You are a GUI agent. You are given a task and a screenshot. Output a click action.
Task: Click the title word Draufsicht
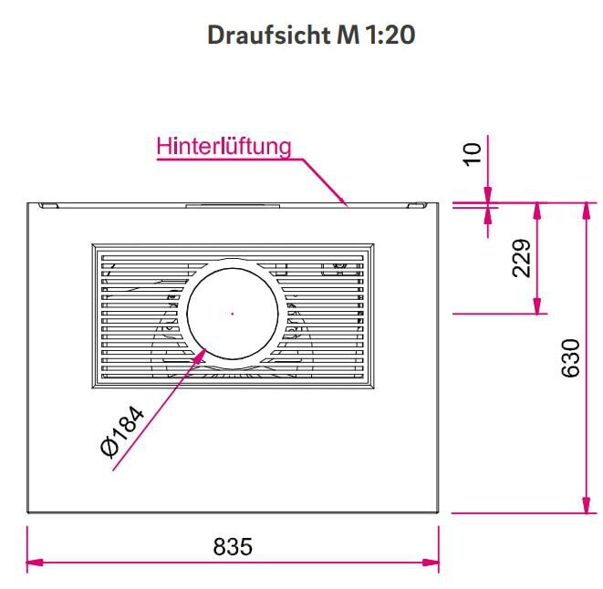(259, 36)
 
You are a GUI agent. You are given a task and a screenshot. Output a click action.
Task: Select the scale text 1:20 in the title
(390, 36)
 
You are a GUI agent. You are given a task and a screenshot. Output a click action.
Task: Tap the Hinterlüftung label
(224, 146)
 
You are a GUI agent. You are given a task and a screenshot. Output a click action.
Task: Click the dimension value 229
(520, 259)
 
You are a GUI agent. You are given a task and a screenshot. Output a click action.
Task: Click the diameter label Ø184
(121, 432)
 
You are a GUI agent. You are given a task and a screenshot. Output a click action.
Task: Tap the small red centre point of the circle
(233, 313)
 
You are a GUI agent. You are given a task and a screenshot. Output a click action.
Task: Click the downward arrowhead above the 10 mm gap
(488, 194)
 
